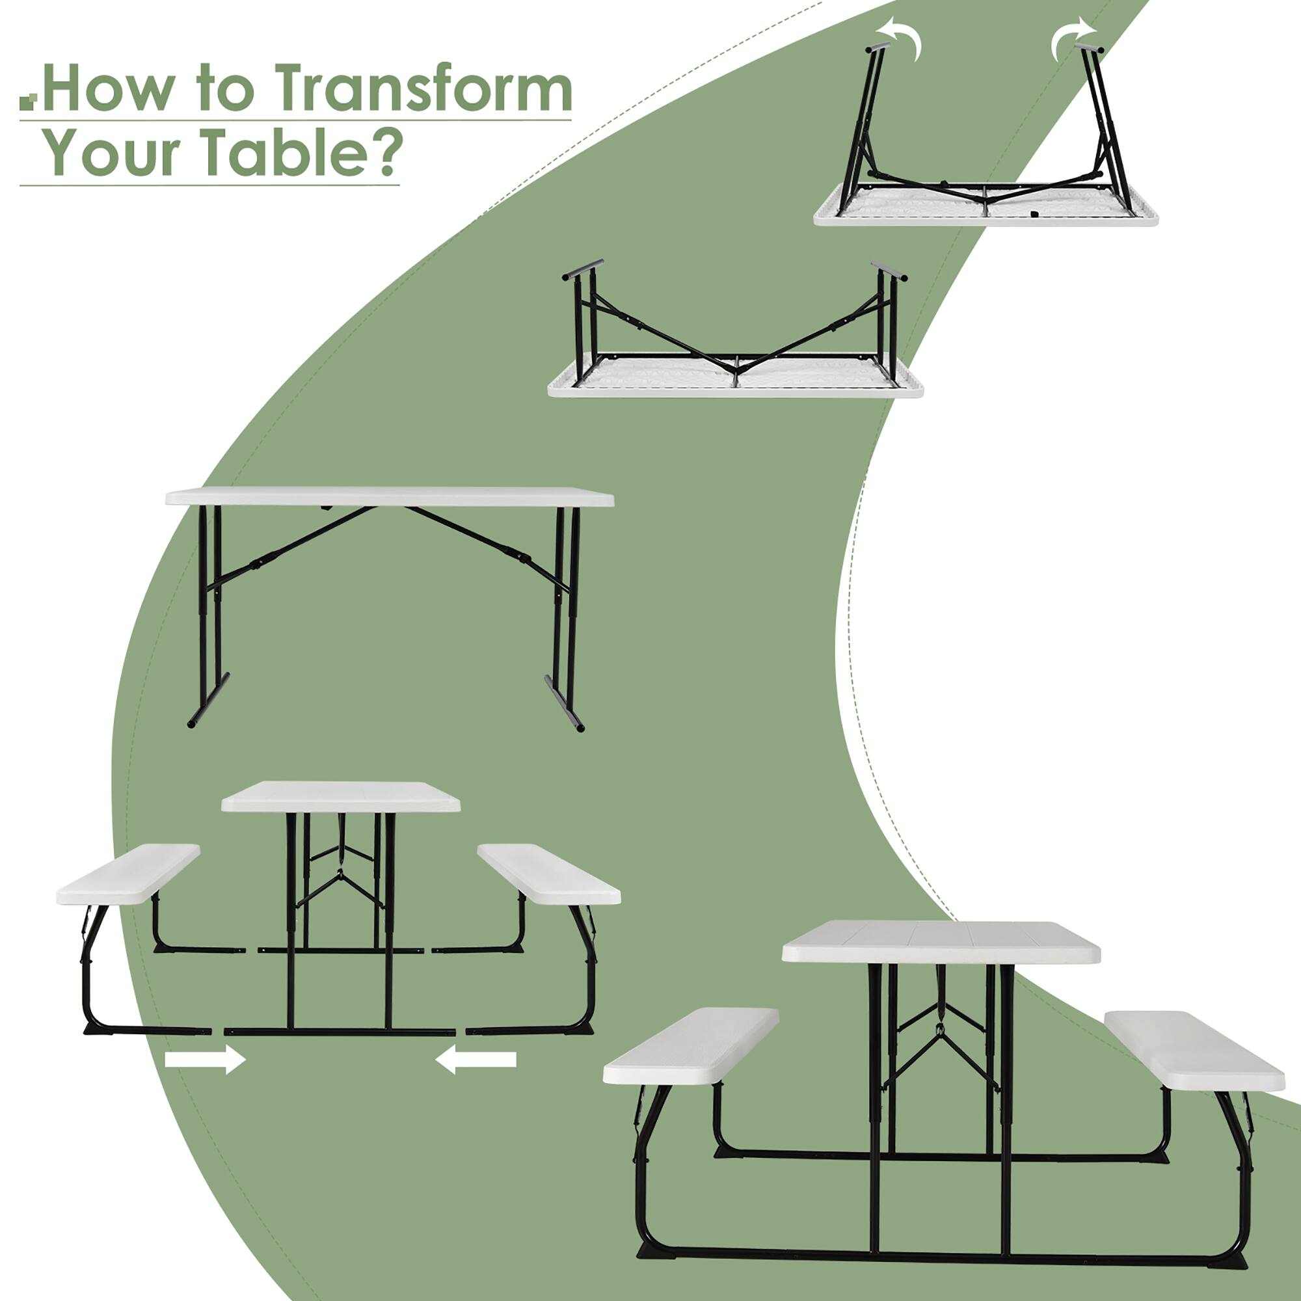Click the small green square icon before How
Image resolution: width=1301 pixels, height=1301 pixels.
coord(27,101)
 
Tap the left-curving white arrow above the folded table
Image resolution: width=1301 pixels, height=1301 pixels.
coord(901,37)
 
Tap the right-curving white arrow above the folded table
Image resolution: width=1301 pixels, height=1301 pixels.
coord(1072,37)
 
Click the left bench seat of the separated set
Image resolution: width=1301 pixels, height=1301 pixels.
coord(128,874)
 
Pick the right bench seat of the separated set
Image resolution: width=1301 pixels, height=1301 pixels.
coord(548,874)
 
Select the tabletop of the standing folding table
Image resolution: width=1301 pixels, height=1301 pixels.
coord(389,497)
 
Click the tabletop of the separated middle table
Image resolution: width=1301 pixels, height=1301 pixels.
coord(341,797)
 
